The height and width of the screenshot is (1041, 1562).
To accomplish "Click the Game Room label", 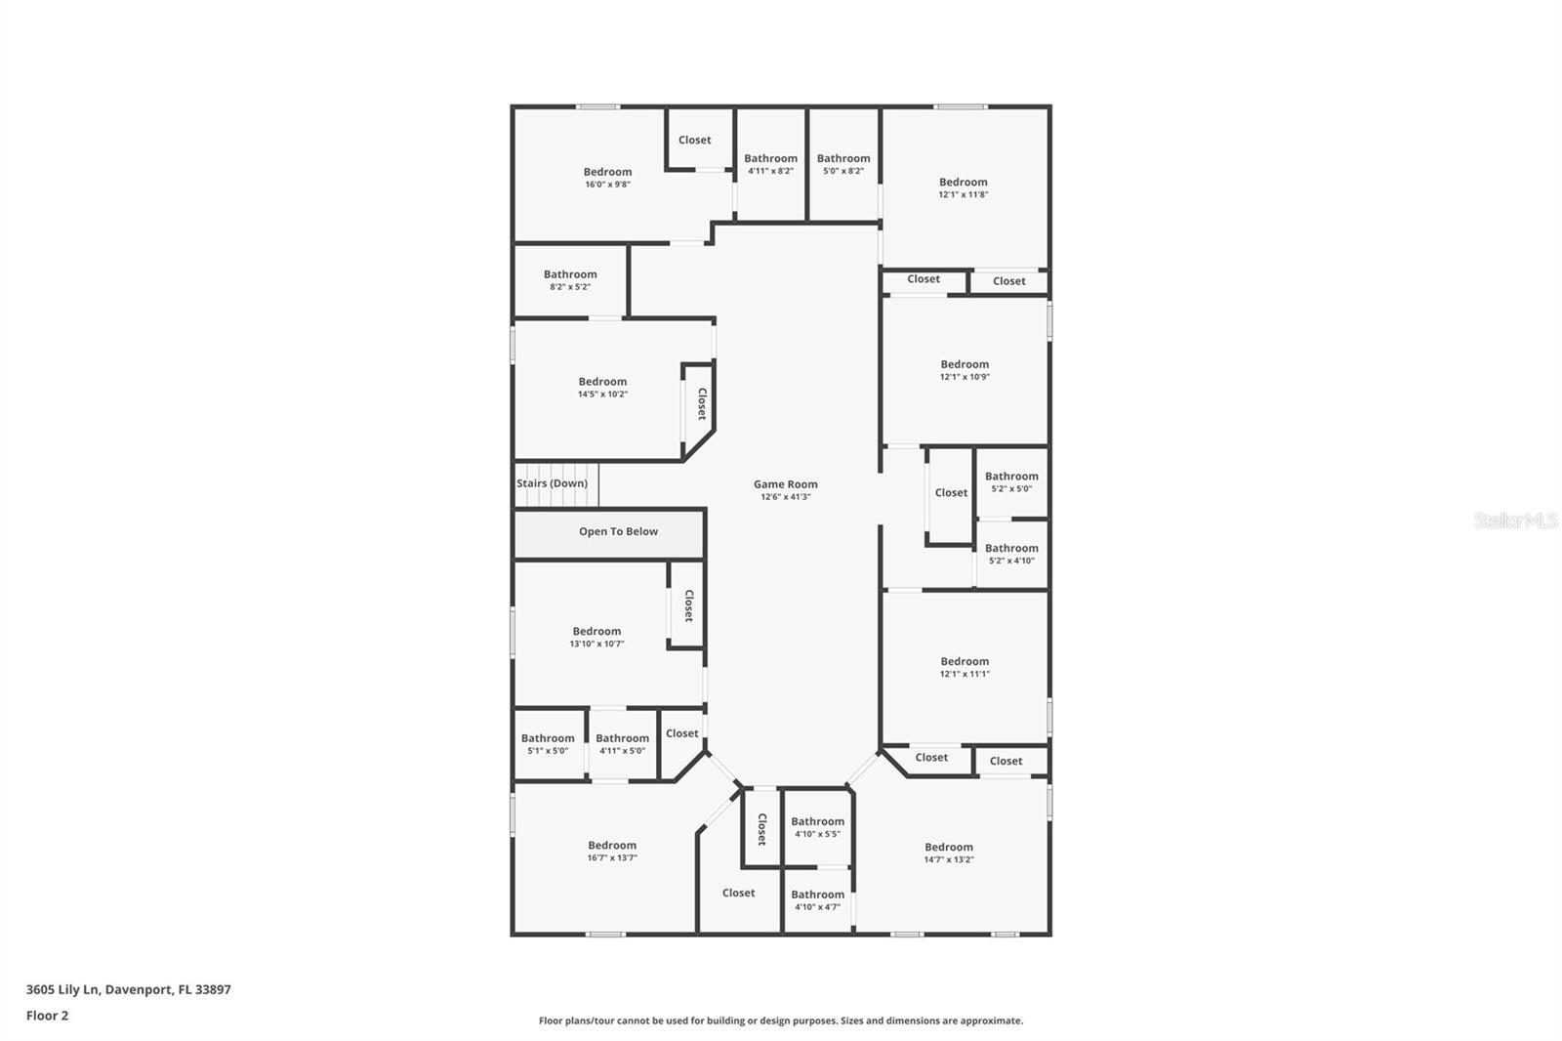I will pyautogui.click(x=785, y=484).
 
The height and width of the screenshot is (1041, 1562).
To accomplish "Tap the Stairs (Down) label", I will pyautogui.click(x=553, y=483).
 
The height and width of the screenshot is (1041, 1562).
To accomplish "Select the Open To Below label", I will pyautogui.click(x=618, y=532).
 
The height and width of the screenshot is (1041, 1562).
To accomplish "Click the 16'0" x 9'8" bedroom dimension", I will pyautogui.click(x=607, y=185).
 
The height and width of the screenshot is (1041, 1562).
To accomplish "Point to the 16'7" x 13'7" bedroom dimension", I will pyautogui.click(x=612, y=858).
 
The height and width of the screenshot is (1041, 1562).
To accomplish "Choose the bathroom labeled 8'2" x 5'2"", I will pyautogui.click(x=570, y=280).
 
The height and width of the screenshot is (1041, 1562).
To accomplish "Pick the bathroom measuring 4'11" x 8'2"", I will pyautogui.click(x=770, y=164).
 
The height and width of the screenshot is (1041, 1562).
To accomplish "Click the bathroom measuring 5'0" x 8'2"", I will pyautogui.click(x=843, y=164).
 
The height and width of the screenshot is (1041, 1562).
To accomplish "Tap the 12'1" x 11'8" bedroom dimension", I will pyautogui.click(x=964, y=194).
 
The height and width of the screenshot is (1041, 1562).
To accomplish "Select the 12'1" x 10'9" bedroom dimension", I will pyautogui.click(x=965, y=377).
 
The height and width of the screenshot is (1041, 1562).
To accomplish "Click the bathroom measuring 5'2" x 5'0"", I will pyautogui.click(x=1011, y=482).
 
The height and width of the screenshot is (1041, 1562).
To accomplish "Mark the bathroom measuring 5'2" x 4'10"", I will pyautogui.click(x=1011, y=554).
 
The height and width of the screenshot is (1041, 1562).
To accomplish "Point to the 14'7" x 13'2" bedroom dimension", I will pyautogui.click(x=949, y=860).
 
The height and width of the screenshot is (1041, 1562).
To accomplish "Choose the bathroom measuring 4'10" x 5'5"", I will pyautogui.click(x=817, y=827).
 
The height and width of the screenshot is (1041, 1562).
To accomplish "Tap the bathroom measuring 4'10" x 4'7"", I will pyautogui.click(x=817, y=900).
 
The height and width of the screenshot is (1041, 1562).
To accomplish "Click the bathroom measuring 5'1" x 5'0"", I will pyautogui.click(x=548, y=744).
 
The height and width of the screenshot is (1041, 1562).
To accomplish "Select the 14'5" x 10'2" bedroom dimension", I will pyautogui.click(x=602, y=395).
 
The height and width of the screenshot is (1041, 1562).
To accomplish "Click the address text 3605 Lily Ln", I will pyautogui.click(x=63, y=989).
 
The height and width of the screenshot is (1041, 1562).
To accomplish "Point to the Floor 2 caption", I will pyautogui.click(x=47, y=1016).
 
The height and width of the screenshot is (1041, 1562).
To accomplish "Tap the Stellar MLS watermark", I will pyautogui.click(x=1515, y=520).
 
